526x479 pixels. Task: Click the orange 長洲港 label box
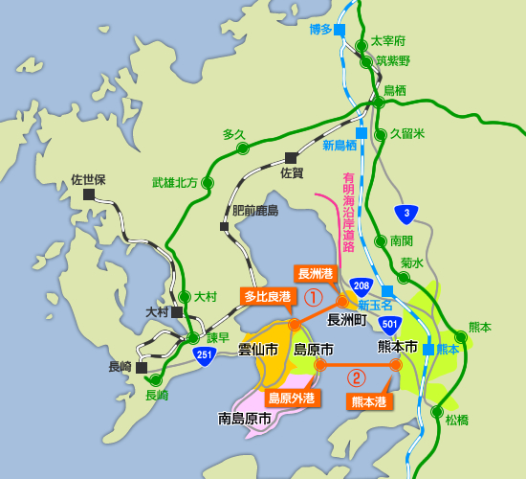tap(316, 274)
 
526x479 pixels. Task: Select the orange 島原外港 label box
tap(291, 398)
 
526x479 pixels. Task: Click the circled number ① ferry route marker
tap(312, 297)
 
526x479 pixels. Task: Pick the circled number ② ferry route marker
tap(356, 377)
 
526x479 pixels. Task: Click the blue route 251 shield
tap(230, 354)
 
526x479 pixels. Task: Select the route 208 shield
tap(361, 285)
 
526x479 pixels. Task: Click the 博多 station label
tap(320, 30)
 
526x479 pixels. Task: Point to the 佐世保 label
tap(88, 179)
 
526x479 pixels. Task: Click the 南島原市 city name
tap(245, 419)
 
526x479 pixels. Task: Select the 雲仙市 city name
tap(257, 350)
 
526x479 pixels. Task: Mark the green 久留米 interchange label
tap(406, 134)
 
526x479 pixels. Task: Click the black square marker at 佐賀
tap(291, 158)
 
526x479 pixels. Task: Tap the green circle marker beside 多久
tap(243, 148)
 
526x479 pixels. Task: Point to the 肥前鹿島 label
tap(255, 211)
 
